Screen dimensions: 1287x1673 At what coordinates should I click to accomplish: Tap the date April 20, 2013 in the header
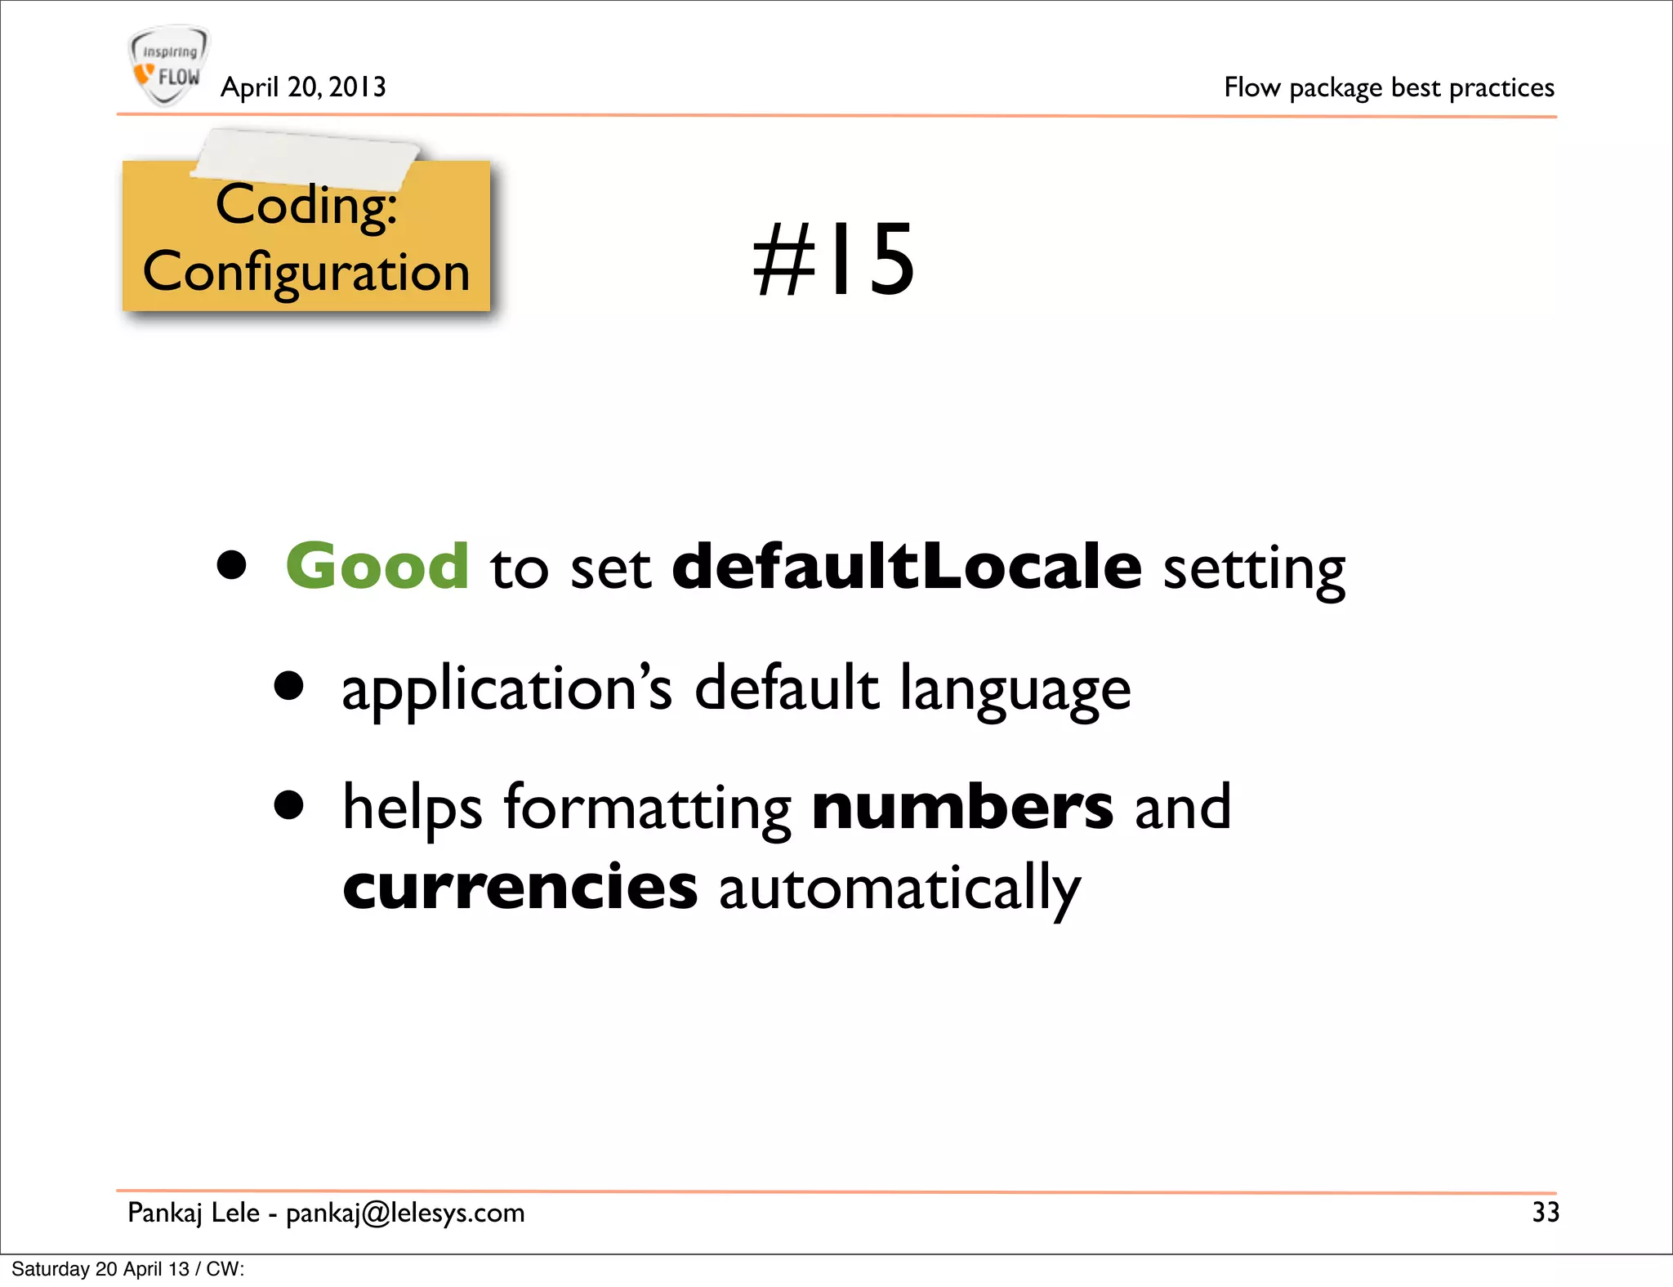303,87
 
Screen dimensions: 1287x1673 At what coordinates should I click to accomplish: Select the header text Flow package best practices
1389,87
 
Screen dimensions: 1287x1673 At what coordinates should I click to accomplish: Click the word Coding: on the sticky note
306,205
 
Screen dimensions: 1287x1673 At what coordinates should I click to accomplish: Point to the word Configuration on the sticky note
306,272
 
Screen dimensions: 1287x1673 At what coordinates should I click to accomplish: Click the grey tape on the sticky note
306,155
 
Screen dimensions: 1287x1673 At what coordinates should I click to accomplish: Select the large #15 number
834,260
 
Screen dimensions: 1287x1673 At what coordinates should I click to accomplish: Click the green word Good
377,566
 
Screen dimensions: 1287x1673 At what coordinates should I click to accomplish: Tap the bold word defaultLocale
907,566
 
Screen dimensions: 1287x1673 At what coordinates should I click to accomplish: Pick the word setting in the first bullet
1254,569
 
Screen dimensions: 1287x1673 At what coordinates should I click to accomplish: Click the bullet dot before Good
232,565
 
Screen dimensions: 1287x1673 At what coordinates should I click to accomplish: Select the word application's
506,689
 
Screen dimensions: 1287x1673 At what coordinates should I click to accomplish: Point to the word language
1015,689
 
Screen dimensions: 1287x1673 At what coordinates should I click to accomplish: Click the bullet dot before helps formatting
288,805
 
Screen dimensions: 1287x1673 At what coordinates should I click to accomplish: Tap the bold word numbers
962,807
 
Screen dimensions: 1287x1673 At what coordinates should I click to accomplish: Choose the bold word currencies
520,887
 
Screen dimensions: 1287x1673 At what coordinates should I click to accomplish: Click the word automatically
899,888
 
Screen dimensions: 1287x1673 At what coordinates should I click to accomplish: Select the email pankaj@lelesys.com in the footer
405,1214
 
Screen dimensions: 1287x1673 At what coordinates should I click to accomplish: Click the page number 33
1546,1212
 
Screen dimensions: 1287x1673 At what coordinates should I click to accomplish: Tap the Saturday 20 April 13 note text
128,1269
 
